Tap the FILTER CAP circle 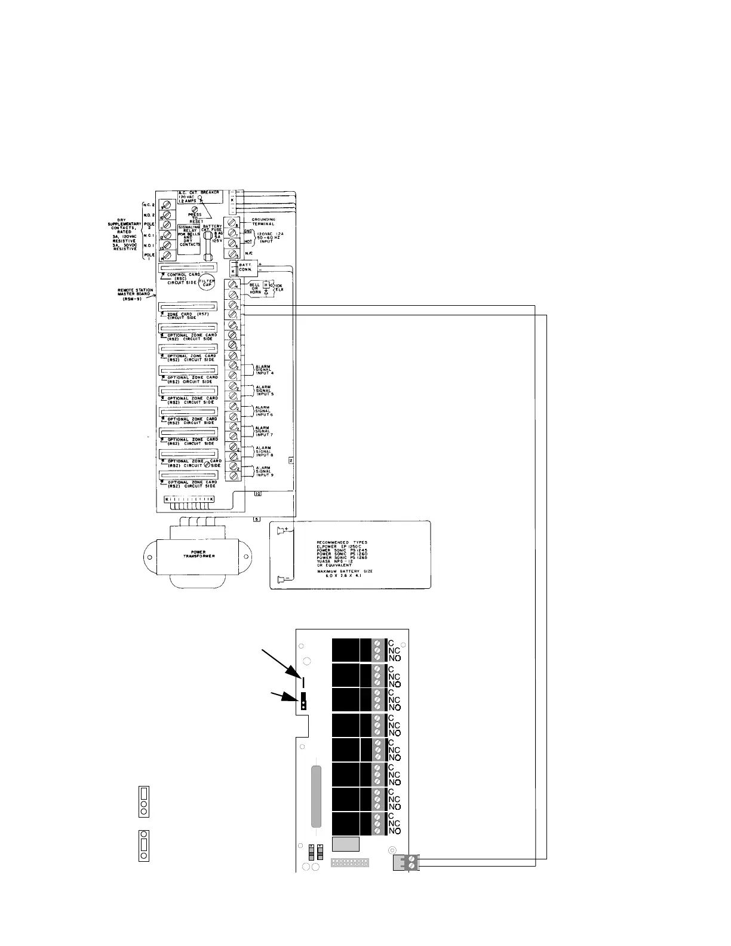coord(207,284)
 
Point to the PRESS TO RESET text coord(195,217)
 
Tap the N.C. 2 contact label coord(149,204)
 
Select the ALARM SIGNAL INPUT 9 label coord(263,471)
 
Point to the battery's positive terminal coord(282,529)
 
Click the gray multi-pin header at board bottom coord(351,863)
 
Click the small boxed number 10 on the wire coord(257,494)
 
